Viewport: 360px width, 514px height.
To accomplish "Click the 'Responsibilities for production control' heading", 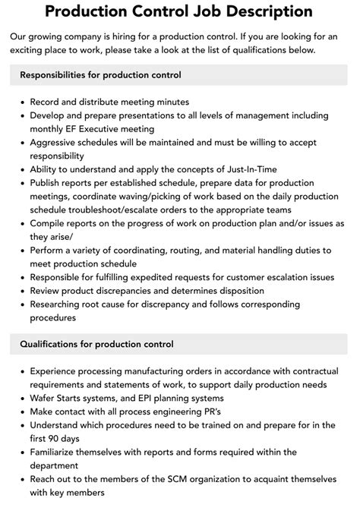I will (x=100, y=75).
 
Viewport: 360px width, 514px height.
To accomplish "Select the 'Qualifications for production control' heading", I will (x=96, y=344).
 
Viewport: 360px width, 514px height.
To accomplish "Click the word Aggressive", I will (x=59, y=143).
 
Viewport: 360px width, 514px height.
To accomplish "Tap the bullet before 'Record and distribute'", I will (x=21, y=102).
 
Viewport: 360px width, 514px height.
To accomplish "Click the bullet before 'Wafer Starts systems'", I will (x=21, y=398).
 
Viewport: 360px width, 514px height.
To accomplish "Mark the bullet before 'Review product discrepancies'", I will (x=21, y=290).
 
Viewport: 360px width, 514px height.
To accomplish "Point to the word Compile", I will (x=49, y=223).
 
